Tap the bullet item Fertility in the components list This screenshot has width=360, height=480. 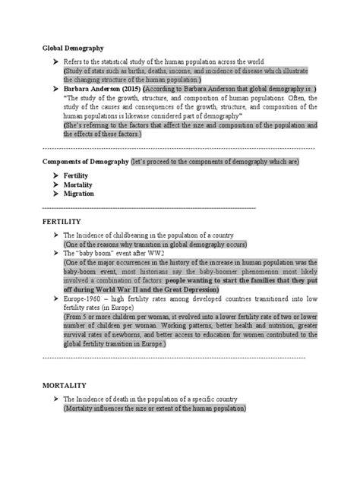coord(77,175)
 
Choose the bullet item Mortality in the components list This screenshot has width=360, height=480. coord(78,185)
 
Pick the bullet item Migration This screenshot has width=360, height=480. coord(79,194)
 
